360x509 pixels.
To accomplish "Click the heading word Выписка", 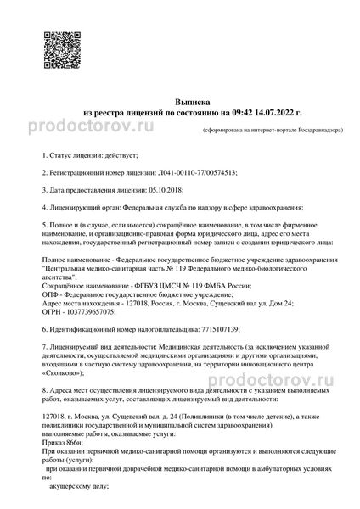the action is tap(181, 99).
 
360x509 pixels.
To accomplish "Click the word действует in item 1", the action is tap(109, 156).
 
